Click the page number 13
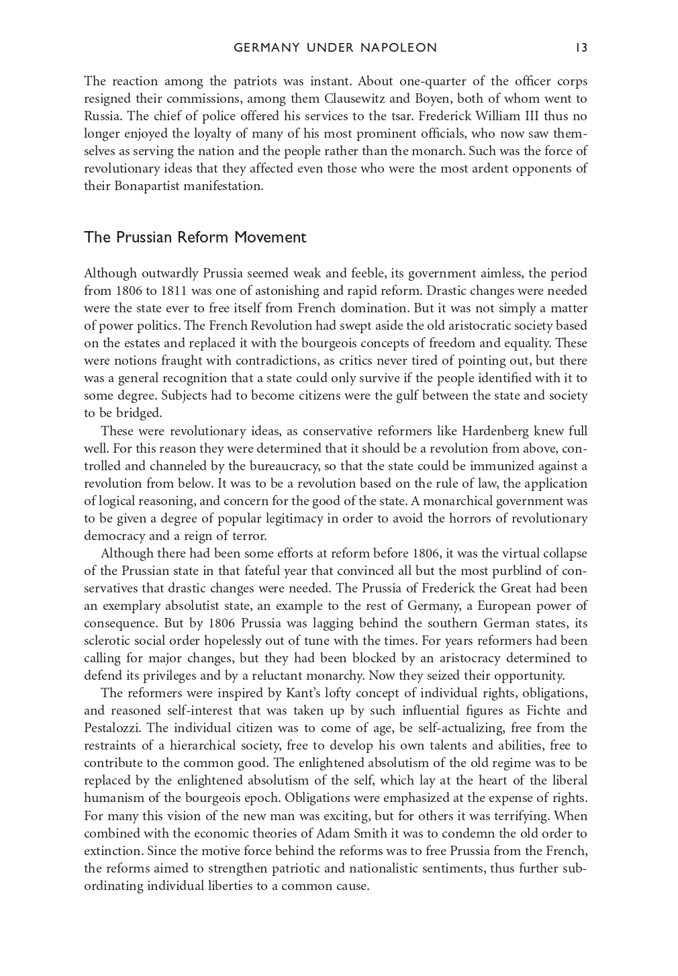(581, 48)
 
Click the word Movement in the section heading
(276, 238)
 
